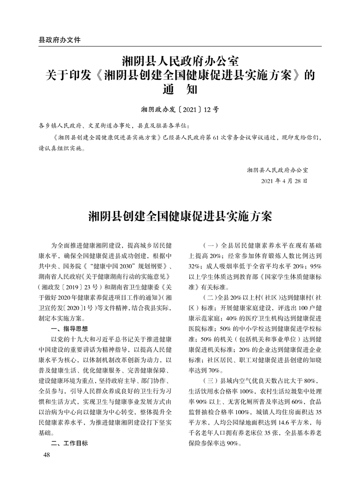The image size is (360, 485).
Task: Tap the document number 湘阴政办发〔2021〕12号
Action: (180, 109)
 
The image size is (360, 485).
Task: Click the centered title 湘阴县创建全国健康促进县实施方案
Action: (180, 217)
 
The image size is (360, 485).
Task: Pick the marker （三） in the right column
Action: (209, 381)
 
